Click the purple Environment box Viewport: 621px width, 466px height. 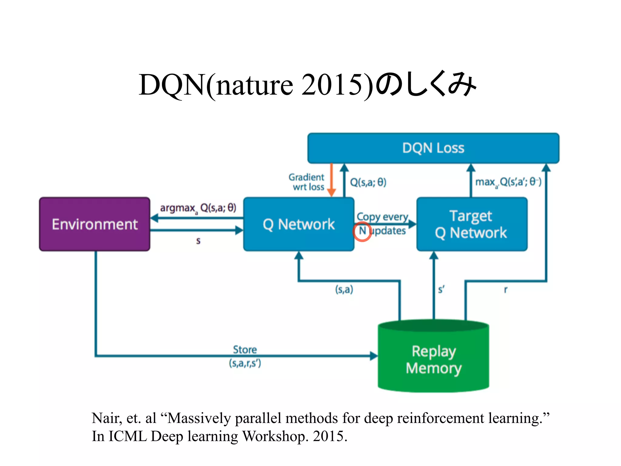pyautogui.click(x=95, y=224)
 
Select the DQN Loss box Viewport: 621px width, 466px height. pyautogui.click(x=433, y=148)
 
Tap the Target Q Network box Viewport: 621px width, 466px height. pyautogui.click(x=472, y=224)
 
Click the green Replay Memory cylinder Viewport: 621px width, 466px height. pyautogui.click(x=433, y=360)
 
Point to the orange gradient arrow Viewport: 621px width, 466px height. pyautogui.click(x=332, y=180)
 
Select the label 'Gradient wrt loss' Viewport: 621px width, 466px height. pyautogui.click(x=307, y=182)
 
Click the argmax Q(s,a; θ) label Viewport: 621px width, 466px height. pyautogui.click(x=198, y=208)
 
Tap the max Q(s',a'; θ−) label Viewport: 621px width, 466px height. pyautogui.click(x=508, y=182)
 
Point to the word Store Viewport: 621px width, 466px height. pyautogui.click(x=245, y=349)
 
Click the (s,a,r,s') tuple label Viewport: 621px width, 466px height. pyautogui.click(x=245, y=363)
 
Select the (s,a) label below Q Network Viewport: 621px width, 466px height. pyautogui.click(x=344, y=289)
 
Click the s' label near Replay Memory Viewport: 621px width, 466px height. pyautogui.click(x=441, y=289)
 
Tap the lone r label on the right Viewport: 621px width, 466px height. pyautogui.click(x=505, y=289)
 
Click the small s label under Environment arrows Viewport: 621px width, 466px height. pyautogui.click(x=198, y=241)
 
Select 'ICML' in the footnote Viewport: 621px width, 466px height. pyautogui.click(x=127, y=436)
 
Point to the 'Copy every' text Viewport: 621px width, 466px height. pyautogui.click(x=382, y=217)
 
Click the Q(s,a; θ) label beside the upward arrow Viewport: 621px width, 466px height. pyautogui.click(x=368, y=182)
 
